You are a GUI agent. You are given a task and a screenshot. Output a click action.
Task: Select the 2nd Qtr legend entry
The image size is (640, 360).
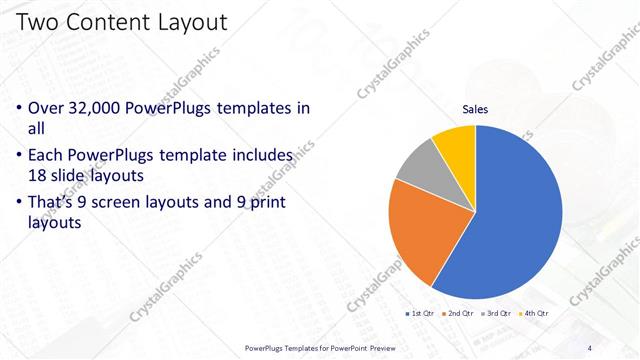[x=457, y=314]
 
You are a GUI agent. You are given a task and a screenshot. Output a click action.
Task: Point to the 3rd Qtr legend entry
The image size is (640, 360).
[x=497, y=314]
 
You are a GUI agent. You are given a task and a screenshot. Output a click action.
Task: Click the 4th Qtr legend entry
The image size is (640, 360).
[x=534, y=314]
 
